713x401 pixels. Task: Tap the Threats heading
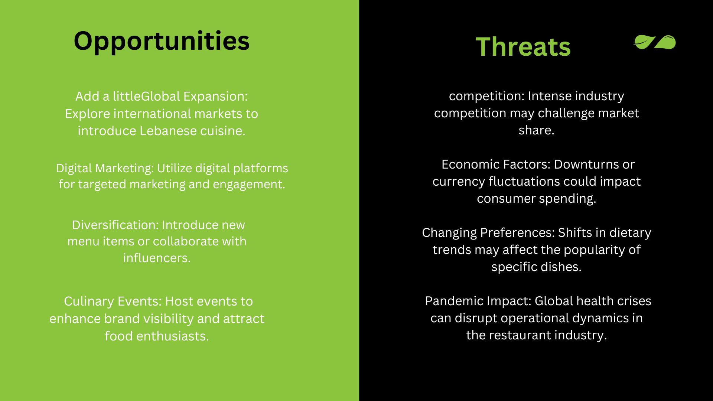[523, 47]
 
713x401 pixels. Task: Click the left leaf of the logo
[644, 42]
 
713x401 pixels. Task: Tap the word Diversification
[115, 225]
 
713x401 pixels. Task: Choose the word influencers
[157, 258]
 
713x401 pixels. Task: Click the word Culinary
[89, 301]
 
